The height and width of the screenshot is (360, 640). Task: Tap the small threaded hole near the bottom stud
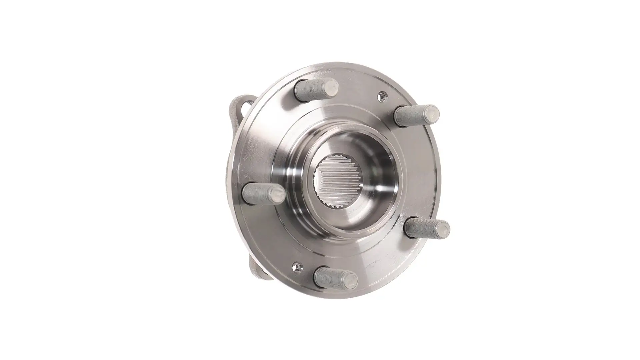click(x=296, y=267)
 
